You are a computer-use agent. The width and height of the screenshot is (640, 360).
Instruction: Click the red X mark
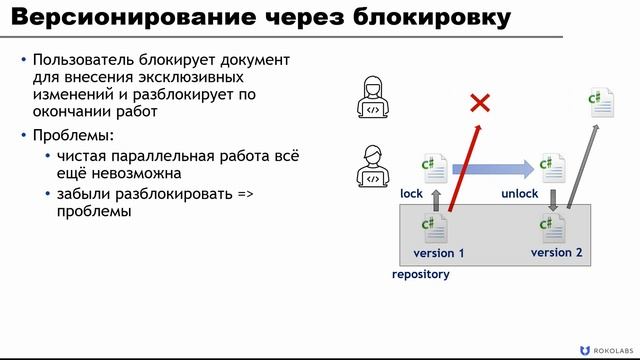pyautogui.click(x=481, y=102)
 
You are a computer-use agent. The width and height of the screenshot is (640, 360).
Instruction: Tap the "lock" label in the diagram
pyautogui.click(x=413, y=193)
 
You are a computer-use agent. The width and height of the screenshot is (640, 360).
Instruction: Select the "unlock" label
pyautogui.click(x=520, y=193)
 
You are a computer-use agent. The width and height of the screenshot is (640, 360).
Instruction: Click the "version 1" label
pyautogui.click(x=439, y=253)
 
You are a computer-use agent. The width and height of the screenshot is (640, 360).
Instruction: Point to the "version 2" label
pyautogui.click(x=556, y=252)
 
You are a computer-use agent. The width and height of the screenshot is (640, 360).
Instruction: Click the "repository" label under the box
pyautogui.click(x=420, y=274)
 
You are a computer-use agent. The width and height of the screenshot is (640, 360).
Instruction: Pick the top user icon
pyautogui.click(x=373, y=99)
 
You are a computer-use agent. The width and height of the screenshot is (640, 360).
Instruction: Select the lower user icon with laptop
pyautogui.click(x=373, y=166)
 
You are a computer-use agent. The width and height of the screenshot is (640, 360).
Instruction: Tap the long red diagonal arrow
pyautogui.click(x=464, y=170)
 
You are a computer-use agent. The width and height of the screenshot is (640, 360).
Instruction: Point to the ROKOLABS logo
pyautogui.click(x=605, y=348)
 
